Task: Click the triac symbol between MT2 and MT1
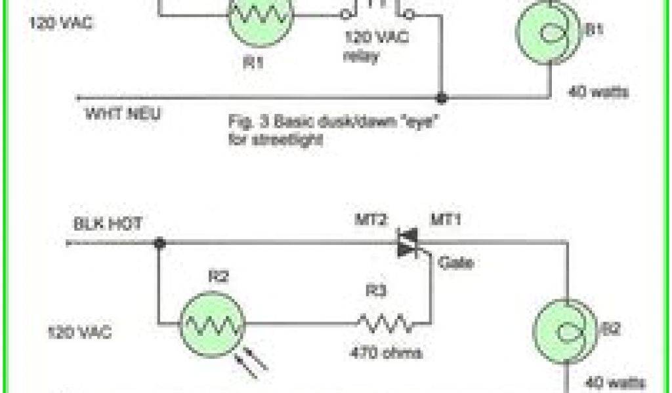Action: [x=408, y=244]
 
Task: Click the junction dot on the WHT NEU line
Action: [x=442, y=98]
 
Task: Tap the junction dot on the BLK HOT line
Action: [x=159, y=244]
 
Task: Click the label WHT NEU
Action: [x=123, y=113]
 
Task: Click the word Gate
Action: [x=455, y=263]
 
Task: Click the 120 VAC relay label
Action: [x=375, y=46]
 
